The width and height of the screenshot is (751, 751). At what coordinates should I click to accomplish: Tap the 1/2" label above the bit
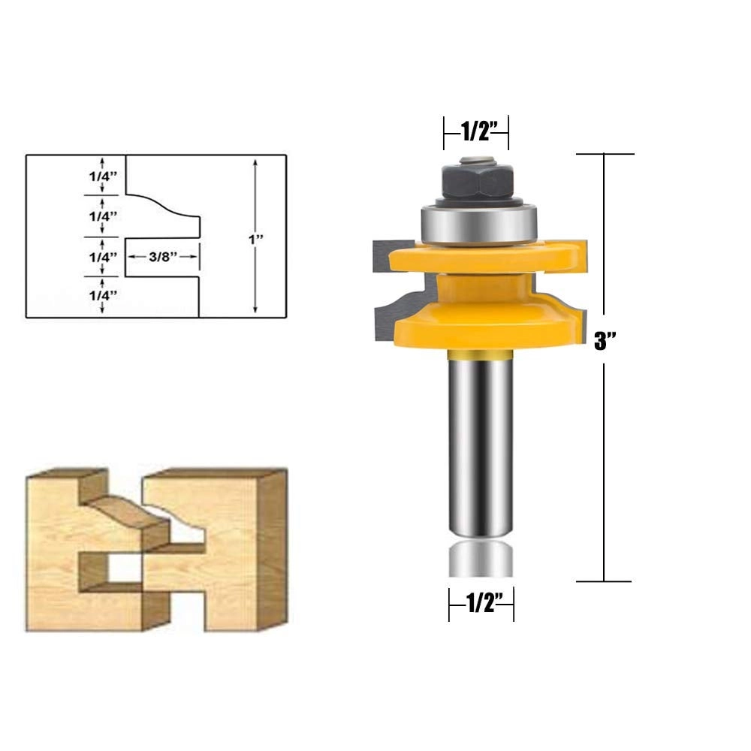click(x=476, y=132)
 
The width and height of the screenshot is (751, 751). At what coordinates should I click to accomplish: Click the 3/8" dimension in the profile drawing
click(x=162, y=256)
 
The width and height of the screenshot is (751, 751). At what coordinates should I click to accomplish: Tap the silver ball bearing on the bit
click(x=478, y=222)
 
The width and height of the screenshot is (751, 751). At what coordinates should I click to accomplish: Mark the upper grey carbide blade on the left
click(x=380, y=256)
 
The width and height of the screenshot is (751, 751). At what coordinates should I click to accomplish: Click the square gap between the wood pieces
click(x=125, y=569)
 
